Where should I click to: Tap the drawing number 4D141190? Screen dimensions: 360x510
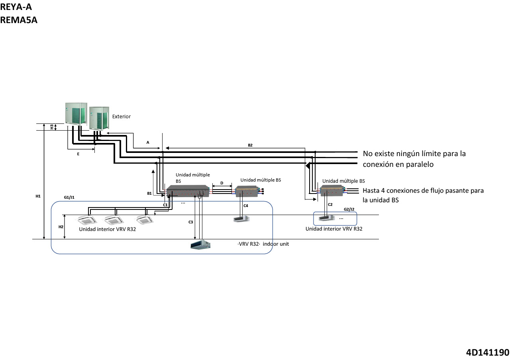click(x=487, y=352)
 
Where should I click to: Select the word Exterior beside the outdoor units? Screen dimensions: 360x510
click(x=121, y=117)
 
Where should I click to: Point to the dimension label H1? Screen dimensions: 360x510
click(x=38, y=196)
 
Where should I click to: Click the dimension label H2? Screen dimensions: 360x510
click(x=61, y=227)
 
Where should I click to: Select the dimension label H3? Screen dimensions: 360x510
click(x=51, y=127)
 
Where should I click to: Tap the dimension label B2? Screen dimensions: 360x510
click(x=250, y=145)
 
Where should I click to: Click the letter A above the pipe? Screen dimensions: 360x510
click(x=148, y=142)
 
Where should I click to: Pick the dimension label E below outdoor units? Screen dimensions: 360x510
click(x=78, y=153)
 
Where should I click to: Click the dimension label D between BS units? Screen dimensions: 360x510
click(x=222, y=183)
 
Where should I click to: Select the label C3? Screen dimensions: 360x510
click(x=191, y=222)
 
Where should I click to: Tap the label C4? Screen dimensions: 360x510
click(x=245, y=205)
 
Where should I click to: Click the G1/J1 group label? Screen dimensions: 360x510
click(x=69, y=197)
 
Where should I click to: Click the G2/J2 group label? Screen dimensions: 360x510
click(x=349, y=209)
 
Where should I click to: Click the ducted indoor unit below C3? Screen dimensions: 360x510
click(x=200, y=245)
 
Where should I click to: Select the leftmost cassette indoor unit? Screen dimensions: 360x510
click(x=87, y=220)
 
